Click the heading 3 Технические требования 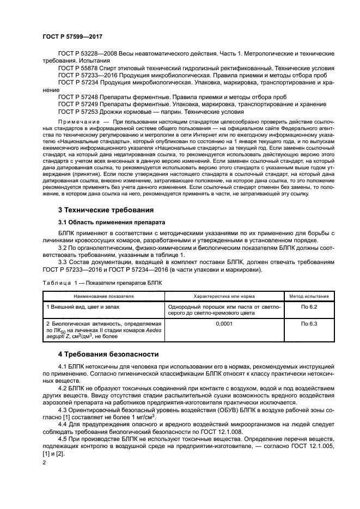[x=106, y=210]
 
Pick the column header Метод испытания [x=309, y=297]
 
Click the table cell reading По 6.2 [x=309, y=307]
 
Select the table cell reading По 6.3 [x=309, y=323]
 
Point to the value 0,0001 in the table [x=224, y=323]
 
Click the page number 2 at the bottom [x=44, y=462]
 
